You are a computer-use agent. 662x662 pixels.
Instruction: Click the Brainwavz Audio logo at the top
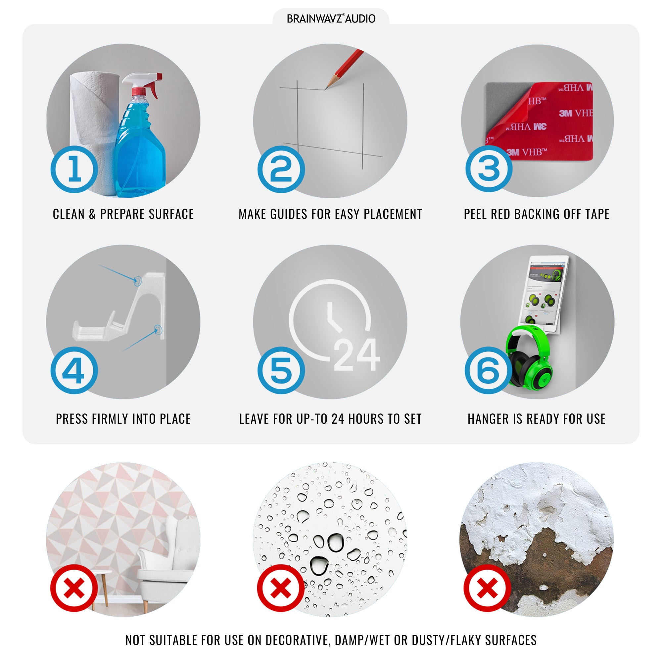(331, 19)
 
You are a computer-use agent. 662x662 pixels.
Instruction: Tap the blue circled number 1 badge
(74, 169)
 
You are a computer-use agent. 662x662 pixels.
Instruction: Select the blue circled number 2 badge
(281, 169)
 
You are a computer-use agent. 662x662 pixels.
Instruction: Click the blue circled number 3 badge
(489, 168)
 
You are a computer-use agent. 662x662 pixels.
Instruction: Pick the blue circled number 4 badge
(74, 370)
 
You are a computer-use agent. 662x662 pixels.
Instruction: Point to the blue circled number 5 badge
(281, 370)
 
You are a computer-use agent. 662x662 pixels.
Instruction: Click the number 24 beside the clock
(357, 354)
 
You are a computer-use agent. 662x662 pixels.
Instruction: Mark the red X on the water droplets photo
(281, 588)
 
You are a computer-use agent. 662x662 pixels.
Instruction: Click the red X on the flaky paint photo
(487, 588)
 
